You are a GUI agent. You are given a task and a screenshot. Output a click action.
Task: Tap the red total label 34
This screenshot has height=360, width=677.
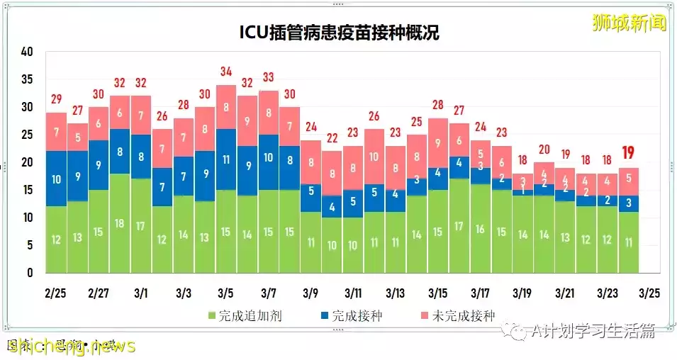[226, 72]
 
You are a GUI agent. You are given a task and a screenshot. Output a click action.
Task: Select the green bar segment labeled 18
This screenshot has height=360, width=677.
[120, 223]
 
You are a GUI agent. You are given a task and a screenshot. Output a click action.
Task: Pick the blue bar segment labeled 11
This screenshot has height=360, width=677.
[226, 159]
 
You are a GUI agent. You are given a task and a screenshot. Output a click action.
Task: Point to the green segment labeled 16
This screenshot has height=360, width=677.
[481, 229]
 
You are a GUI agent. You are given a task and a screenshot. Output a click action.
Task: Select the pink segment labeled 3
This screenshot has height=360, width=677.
[523, 180]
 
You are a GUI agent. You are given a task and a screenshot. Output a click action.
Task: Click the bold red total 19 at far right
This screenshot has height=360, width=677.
[629, 152]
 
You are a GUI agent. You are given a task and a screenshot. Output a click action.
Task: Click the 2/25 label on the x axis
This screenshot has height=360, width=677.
[56, 292]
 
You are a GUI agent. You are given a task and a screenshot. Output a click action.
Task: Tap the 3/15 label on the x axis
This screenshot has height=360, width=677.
[438, 292]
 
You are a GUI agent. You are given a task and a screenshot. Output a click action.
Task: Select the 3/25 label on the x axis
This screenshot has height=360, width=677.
[650, 292]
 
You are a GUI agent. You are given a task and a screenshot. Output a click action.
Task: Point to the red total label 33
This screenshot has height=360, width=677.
[269, 77]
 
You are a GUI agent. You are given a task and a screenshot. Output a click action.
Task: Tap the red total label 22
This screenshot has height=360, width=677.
[332, 138]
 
